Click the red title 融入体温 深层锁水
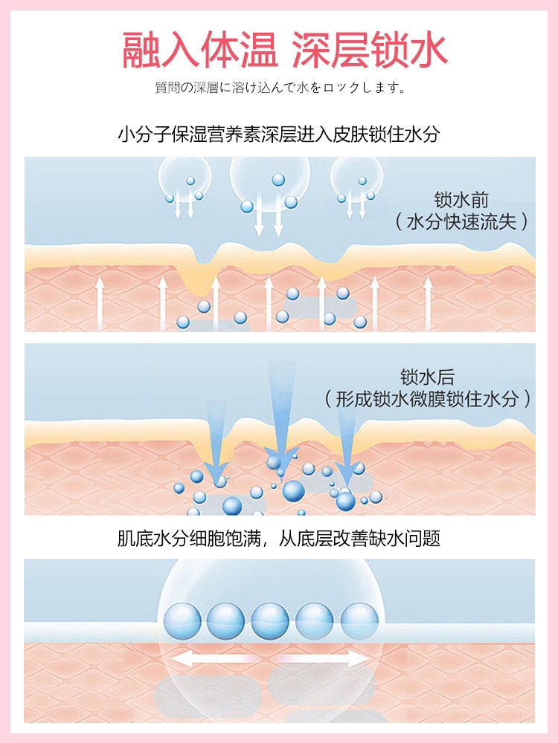(x=284, y=50)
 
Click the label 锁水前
(x=461, y=200)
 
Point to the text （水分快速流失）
(x=461, y=221)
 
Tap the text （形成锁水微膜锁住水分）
(x=428, y=399)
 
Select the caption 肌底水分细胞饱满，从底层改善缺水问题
(x=279, y=538)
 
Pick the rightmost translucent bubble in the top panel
(x=353, y=182)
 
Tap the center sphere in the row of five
(x=269, y=621)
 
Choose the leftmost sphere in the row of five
(x=182, y=621)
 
